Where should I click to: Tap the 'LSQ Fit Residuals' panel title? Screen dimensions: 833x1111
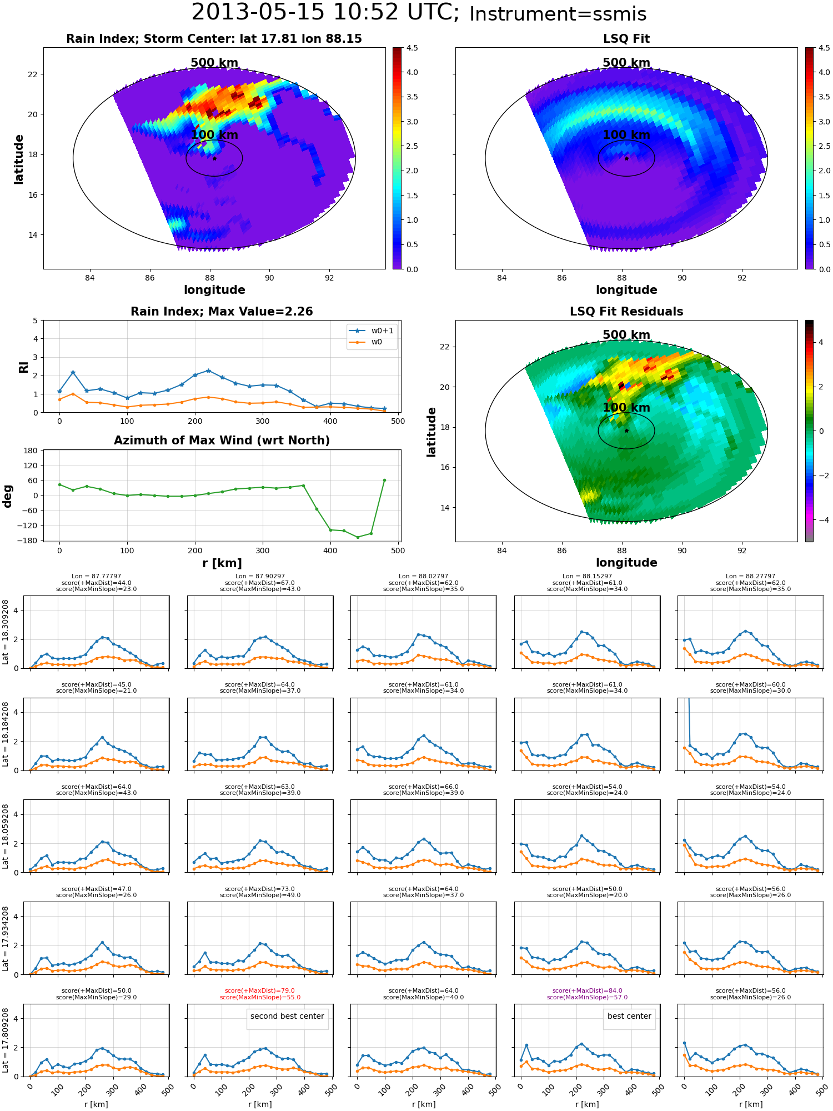click(x=626, y=312)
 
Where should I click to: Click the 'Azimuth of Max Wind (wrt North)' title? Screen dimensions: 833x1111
click(x=222, y=441)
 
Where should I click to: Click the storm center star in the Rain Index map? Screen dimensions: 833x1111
click(x=214, y=158)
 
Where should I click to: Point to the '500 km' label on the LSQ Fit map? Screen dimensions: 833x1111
click(x=626, y=63)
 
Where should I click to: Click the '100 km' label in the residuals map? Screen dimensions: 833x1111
click(x=626, y=408)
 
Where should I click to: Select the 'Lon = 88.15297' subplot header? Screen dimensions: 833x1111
click(x=587, y=577)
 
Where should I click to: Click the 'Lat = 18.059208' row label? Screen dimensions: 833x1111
click(x=6, y=835)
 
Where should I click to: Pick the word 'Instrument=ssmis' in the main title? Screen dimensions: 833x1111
click(x=558, y=14)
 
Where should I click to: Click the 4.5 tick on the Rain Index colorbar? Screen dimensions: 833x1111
click(x=412, y=48)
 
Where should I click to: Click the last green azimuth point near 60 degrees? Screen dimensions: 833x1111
click(x=384, y=480)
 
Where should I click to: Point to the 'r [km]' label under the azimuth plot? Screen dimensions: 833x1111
click(x=222, y=563)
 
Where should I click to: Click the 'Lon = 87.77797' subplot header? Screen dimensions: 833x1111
click(x=96, y=577)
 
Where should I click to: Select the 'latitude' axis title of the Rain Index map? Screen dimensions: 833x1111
click(x=19, y=159)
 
